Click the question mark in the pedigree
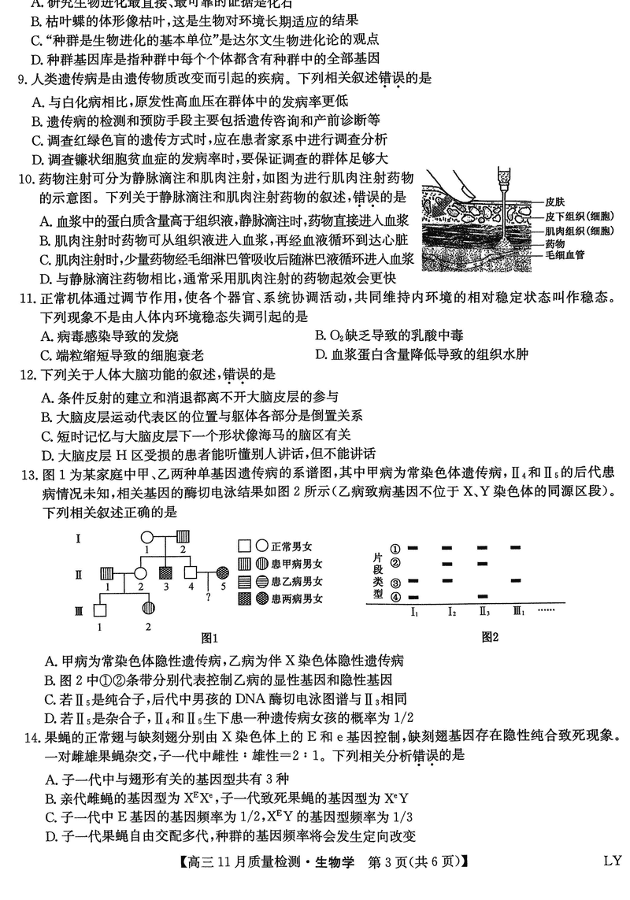207,596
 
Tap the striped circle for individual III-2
147,610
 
